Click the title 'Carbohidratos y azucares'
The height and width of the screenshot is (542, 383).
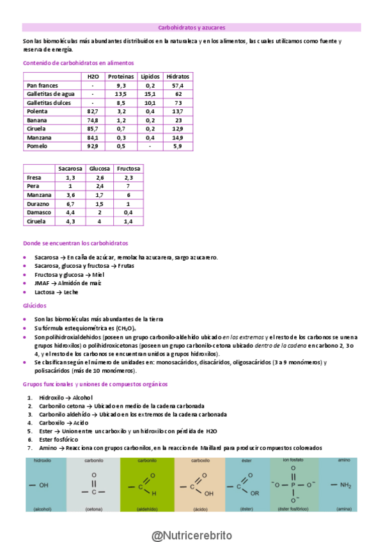(191, 27)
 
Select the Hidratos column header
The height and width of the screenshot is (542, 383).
(178, 76)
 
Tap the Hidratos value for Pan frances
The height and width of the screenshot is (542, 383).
(178, 85)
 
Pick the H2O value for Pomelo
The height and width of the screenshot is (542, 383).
(93, 146)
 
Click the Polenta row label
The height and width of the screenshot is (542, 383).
(36, 111)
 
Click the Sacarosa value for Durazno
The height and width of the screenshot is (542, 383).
(70, 203)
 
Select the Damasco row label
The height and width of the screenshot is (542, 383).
(38, 212)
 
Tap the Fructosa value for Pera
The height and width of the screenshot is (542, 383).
(129, 186)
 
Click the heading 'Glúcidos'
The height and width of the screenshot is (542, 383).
(34, 306)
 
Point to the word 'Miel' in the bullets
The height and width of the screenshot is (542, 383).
(98, 274)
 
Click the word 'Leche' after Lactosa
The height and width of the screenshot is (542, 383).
(71, 291)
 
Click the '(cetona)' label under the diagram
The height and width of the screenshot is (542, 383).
(93, 509)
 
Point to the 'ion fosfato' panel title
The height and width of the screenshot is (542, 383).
(293, 460)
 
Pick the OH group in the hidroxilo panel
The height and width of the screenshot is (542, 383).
(43, 485)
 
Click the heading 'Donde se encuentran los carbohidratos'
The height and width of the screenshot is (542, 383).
(75, 244)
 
